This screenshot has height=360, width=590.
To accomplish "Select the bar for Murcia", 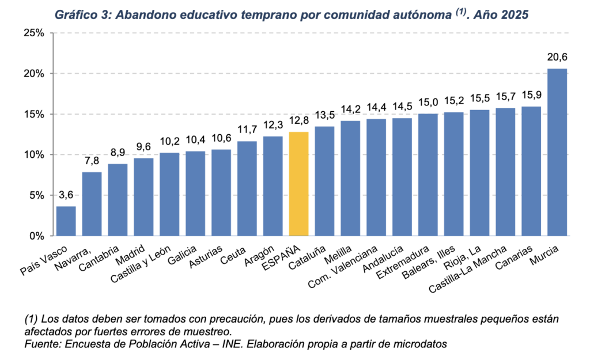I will point(557,152).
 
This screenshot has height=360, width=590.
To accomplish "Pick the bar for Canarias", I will point(531,171).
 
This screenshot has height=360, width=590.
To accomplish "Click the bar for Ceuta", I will point(247,188).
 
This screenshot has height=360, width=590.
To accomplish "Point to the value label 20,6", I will point(557,57).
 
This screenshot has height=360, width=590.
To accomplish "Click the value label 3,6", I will point(66,195).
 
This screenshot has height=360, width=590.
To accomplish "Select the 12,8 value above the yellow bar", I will point(298,120).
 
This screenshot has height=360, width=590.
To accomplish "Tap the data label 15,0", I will point(428,102).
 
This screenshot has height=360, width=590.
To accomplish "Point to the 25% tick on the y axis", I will point(34,33).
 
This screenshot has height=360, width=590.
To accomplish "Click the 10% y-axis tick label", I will point(34,154).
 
